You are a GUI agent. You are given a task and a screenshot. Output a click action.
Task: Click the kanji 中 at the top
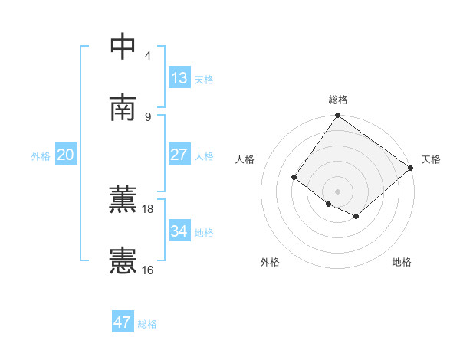tap(123, 47)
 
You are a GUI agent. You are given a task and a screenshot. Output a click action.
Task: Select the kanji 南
tap(123, 107)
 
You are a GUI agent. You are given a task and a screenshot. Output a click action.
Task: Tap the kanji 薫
tap(123, 200)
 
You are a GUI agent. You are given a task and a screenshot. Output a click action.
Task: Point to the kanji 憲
tap(123, 260)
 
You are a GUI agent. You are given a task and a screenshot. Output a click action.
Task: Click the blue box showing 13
tap(179, 77)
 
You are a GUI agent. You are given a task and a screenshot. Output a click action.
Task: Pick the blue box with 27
tap(179, 155)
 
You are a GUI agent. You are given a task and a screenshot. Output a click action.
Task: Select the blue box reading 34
tap(179, 231)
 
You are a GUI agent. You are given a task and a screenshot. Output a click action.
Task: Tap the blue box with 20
tap(65, 155)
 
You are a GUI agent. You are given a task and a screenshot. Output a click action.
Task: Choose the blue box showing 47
tap(123, 322)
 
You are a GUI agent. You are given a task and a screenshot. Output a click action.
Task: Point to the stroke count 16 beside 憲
tap(148, 270)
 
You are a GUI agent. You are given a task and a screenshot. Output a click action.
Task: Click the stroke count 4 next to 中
tap(148, 56)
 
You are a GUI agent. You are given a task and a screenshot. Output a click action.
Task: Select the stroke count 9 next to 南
tap(148, 116)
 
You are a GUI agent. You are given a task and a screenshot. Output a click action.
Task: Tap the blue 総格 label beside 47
tap(147, 324)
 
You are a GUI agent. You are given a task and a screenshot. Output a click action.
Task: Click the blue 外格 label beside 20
tap(41, 156)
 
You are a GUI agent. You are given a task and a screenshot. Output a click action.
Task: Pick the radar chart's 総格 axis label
tap(338, 100)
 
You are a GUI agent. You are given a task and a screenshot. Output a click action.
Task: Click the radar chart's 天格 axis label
tap(431, 159)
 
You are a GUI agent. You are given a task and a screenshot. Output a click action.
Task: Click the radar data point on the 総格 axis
tap(338, 116)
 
